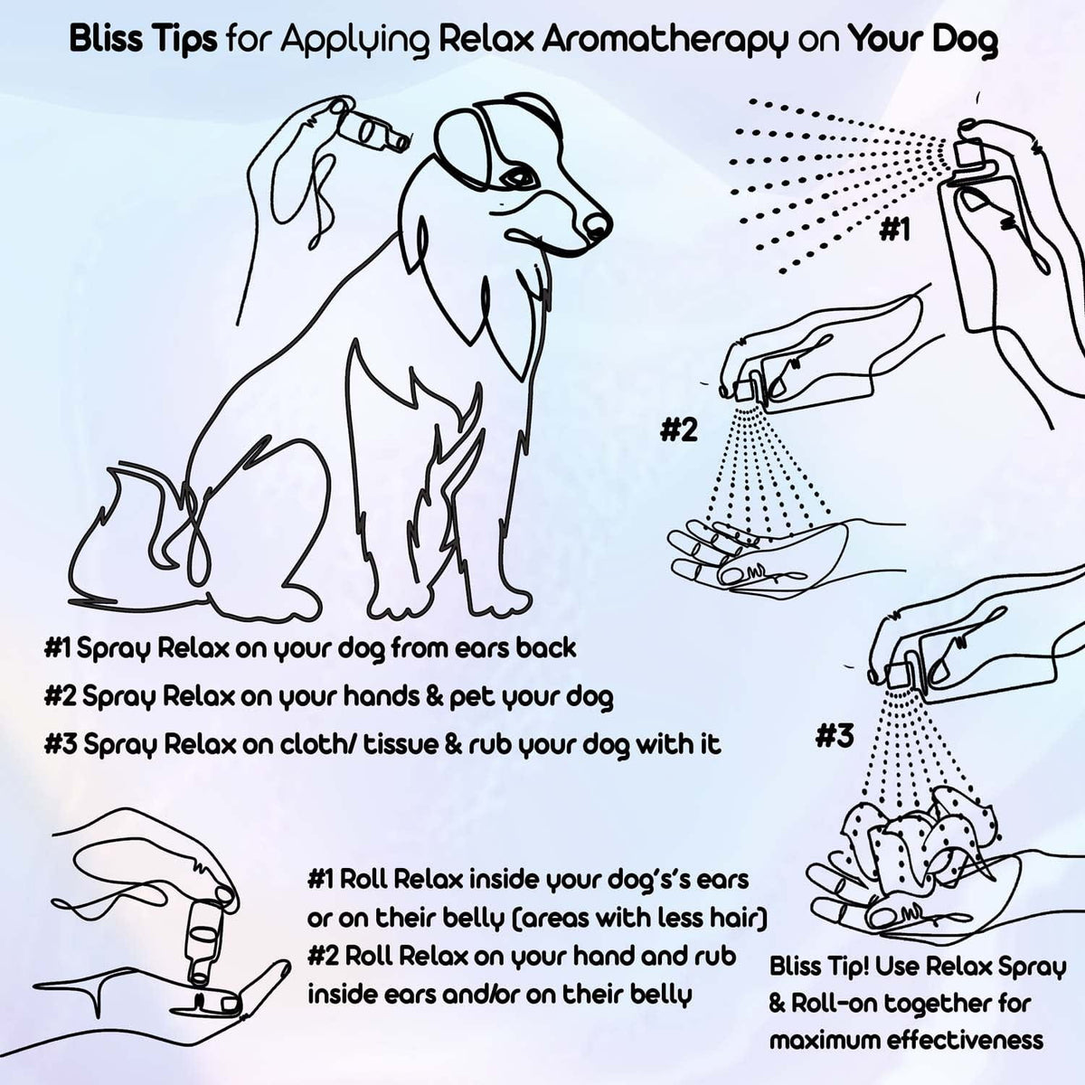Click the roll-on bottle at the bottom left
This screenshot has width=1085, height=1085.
pyautogui.click(x=200, y=940)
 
